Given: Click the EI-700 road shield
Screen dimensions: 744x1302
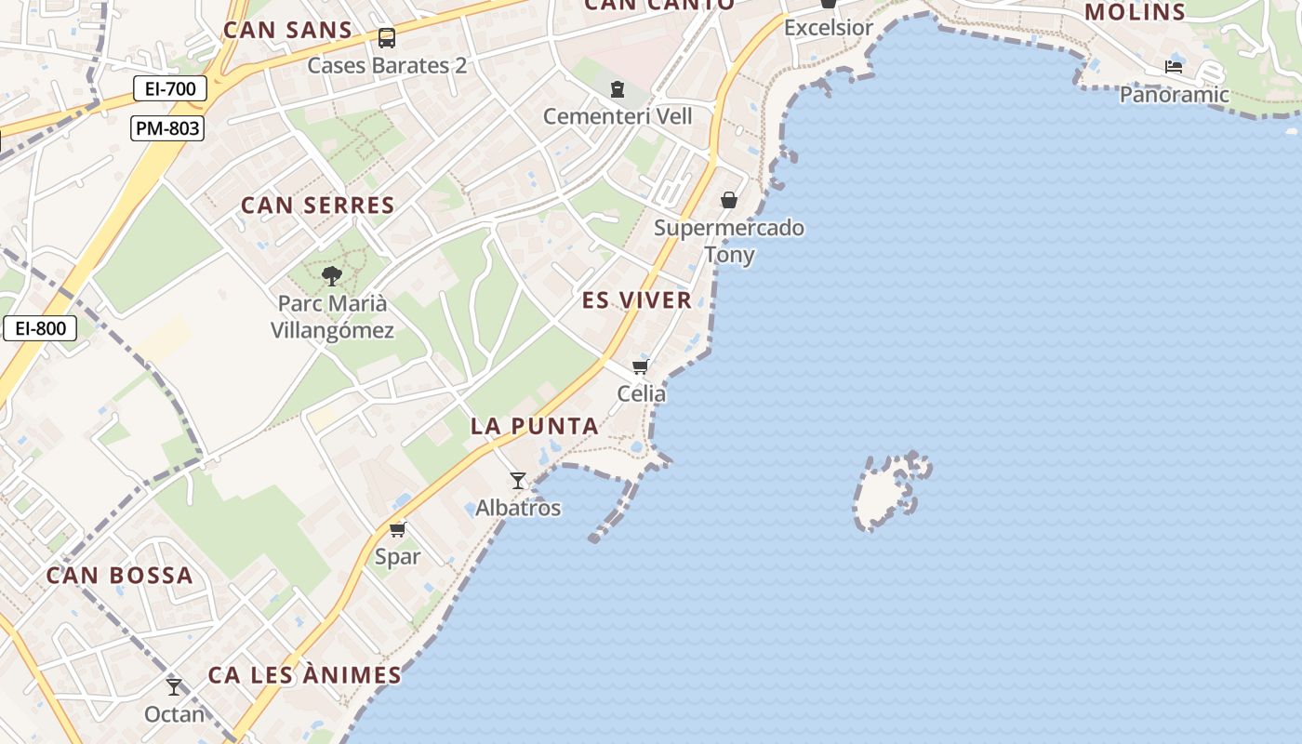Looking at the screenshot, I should tap(170, 89).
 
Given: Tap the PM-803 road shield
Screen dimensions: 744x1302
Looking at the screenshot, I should tap(167, 128).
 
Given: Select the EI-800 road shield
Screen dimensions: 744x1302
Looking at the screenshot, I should tap(40, 328).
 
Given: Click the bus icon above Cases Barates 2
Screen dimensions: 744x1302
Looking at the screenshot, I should tap(387, 38).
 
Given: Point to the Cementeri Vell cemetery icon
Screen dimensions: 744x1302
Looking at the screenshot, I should tap(617, 89).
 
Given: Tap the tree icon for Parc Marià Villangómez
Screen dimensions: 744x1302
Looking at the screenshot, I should tap(331, 276).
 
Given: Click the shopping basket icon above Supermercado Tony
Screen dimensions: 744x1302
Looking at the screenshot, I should tap(729, 200).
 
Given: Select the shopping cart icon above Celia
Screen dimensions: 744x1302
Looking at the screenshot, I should tap(640, 366).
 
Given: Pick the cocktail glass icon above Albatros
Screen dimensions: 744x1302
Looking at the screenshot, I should tap(518, 481).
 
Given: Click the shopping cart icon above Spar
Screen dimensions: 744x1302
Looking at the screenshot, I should tap(398, 529).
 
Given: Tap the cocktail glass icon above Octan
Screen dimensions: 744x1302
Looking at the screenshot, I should tap(174, 687).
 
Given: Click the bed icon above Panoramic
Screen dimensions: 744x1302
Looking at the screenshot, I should tap(1174, 67).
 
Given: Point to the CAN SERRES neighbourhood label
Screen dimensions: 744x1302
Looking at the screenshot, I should tap(318, 206).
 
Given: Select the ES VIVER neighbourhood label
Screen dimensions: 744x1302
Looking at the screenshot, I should tap(637, 300).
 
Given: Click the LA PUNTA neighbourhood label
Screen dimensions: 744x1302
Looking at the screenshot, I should tap(534, 427).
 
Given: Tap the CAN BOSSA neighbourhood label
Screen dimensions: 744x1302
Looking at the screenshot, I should tap(120, 576).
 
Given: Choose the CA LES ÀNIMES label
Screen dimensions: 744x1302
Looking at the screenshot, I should tap(304, 675).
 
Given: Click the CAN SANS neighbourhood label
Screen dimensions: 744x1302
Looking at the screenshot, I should tap(287, 30).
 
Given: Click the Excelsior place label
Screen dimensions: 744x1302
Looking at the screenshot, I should tap(829, 28).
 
